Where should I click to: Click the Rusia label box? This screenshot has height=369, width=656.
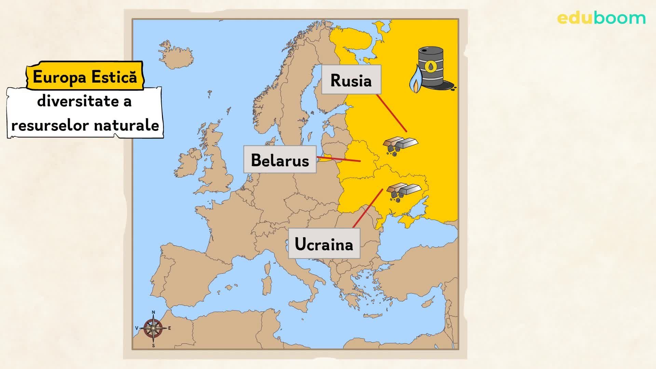tap(351, 80)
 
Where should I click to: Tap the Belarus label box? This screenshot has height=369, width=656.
tap(280, 160)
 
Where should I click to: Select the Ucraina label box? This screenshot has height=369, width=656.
tap(324, 244)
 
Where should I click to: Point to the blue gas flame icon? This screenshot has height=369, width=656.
tap(415, 81)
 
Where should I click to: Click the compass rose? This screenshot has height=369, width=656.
tap(153, 328)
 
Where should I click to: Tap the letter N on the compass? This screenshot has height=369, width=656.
tap(153, 312)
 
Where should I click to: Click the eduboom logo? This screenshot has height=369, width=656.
tap(601, 18)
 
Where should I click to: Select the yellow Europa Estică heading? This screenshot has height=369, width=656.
tap(85, 77)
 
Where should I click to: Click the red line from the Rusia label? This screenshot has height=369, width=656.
tap(392, 113)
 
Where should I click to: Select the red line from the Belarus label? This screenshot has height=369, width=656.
tap(338, 159)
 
